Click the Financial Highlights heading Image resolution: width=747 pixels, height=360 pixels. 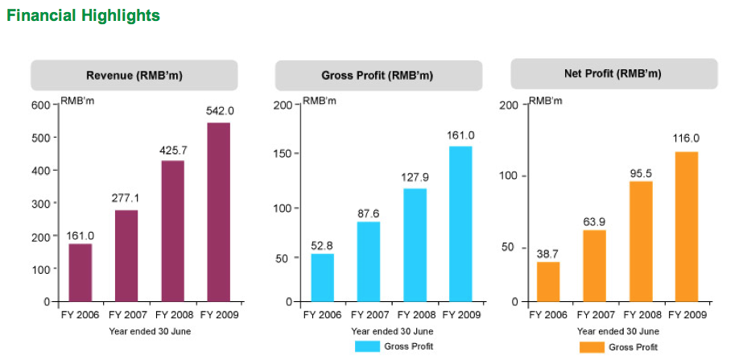(x=83, y=15)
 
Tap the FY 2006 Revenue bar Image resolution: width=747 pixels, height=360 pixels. (x=80, y=272)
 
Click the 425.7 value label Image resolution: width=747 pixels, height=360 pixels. (x=173, y=150)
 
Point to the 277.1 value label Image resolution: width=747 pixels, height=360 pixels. (x=126, y=197)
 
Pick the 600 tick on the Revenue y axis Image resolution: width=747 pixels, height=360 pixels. (x=41, y=105)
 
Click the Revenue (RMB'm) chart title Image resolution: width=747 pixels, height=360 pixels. (x=134, y=76)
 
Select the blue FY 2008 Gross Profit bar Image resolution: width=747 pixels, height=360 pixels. (x=415, y=245)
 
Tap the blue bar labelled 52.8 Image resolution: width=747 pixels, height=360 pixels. (x=322, y=277)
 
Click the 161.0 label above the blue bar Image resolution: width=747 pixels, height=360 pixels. (x=460, y=135)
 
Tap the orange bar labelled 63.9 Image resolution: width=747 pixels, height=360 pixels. (x=595, y=265)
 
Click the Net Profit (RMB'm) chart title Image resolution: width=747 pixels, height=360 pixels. (x=613, y=74)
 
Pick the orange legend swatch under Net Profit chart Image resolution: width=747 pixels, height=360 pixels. (x=591, y=347)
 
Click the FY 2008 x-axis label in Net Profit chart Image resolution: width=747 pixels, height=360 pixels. (x=641, y=315)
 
